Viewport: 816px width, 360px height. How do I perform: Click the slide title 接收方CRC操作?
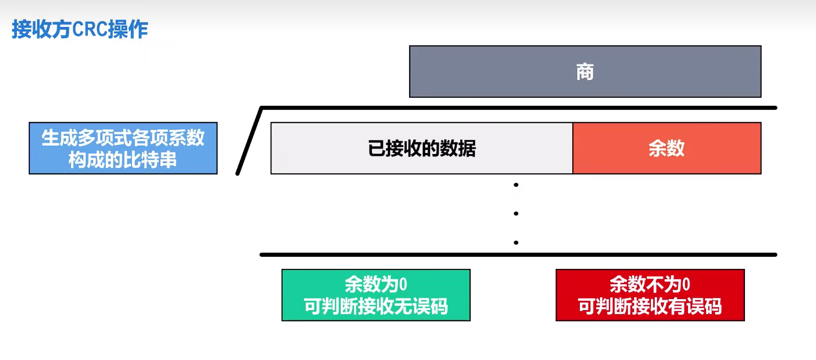80,29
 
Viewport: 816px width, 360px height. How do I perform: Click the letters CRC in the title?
90,29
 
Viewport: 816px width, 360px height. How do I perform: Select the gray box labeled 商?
585,71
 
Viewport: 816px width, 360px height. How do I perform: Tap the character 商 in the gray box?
585,71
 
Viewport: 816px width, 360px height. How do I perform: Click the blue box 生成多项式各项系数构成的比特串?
123,148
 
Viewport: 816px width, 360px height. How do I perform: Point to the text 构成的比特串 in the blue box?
123,160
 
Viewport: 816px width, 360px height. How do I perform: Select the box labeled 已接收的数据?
422,148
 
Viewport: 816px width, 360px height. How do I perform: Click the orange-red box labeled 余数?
667,148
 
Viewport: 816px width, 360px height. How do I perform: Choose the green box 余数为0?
376,295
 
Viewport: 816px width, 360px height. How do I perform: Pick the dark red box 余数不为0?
650,295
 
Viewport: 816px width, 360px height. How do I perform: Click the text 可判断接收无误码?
376,306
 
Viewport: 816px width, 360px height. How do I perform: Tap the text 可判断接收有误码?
650,306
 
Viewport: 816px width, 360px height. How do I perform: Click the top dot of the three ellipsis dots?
516,185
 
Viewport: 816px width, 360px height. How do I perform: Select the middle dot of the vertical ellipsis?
516,213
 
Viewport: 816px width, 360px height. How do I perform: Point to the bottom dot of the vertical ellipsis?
516,242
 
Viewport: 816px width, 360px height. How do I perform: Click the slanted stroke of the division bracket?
249,141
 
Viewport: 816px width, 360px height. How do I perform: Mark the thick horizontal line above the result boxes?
518,255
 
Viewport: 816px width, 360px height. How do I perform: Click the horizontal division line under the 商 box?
519,108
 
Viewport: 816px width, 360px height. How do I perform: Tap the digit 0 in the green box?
403,284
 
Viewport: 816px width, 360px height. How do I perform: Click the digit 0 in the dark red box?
686,284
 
